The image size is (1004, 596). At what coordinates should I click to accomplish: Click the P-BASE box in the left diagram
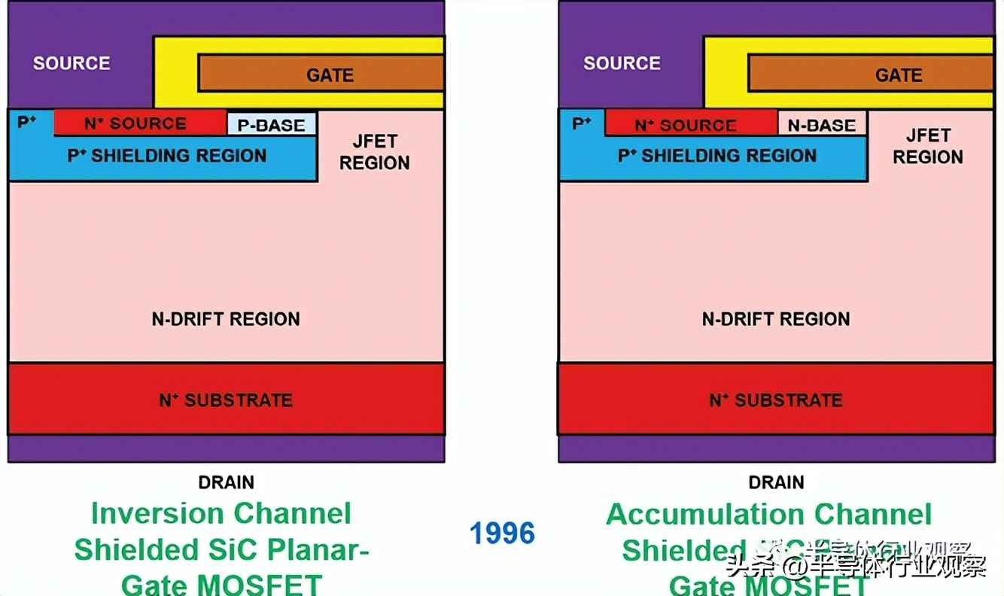click(x=272, y=124)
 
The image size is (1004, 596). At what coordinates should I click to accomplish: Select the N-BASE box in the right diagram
click(x=822, y=124)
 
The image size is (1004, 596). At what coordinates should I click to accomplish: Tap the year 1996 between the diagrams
click(x=502, y=534)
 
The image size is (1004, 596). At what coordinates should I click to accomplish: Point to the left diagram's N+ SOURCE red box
click(x=140, y=123)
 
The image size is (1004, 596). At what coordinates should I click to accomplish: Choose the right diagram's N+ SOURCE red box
click(x=690, y=123)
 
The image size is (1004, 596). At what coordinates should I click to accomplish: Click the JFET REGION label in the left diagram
click(x=374, y=152)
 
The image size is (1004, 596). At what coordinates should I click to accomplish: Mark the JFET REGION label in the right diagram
click(x=927, y=146)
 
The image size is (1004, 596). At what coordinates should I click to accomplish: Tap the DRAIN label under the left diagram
click(x=226, y=482)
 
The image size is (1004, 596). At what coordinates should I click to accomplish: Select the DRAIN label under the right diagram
click(x=776, y=482)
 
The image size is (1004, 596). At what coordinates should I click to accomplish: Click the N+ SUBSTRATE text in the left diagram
click(x=226, y=400)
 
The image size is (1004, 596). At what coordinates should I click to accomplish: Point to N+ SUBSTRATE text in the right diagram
click(x=776, y=400)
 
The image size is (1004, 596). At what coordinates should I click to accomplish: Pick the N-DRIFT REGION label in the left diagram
click(x=226, y=319)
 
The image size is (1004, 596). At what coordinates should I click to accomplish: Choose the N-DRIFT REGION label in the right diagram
click(x=776, y=319)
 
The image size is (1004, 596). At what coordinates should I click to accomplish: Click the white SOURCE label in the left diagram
click(x=71, y=63)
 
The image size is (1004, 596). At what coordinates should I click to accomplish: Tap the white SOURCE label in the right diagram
click(x=622, y=63)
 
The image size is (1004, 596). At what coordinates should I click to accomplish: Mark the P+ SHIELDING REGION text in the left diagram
click(x=167, y=156)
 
